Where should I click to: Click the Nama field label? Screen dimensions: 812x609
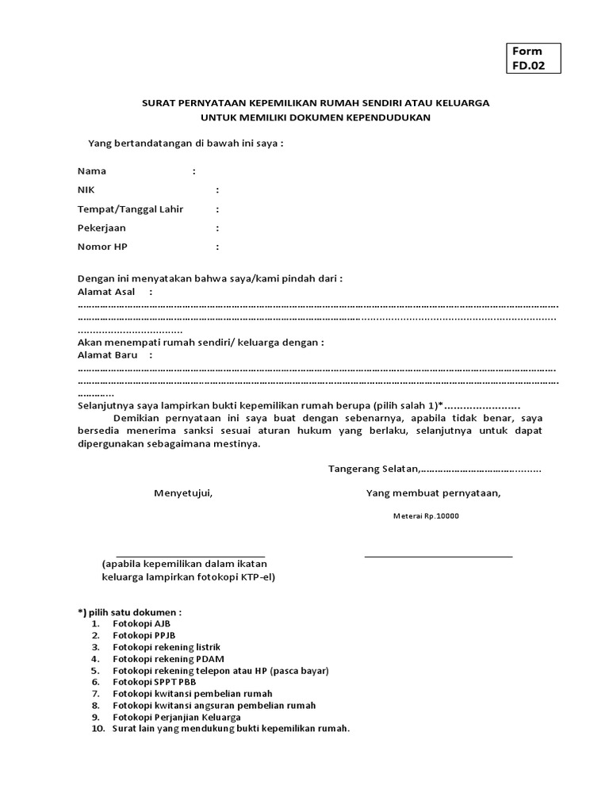92,170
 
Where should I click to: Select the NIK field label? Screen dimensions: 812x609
86,190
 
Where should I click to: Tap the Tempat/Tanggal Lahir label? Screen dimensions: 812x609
130,209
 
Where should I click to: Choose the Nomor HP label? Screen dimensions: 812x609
102,247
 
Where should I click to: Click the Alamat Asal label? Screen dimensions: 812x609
106,292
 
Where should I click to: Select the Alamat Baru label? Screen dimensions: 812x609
107,354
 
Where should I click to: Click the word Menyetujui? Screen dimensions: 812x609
183,493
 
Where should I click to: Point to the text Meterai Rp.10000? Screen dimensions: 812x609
426,516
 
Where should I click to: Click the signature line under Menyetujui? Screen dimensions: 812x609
190,556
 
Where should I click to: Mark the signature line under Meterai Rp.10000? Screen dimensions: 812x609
438,555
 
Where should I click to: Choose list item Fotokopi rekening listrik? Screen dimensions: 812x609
166,647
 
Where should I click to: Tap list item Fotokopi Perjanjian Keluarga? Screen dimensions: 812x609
176,717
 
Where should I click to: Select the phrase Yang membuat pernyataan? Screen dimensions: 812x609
433,493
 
